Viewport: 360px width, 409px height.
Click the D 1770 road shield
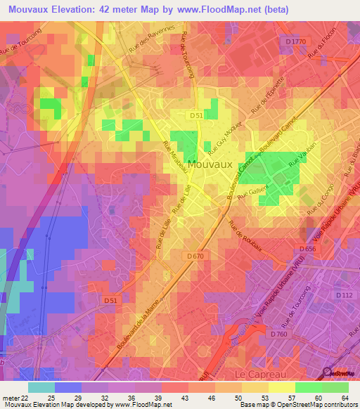[x=297, y=43]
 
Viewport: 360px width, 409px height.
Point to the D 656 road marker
[x=307, y=249]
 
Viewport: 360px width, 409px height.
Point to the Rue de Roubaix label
[x=245, y=235]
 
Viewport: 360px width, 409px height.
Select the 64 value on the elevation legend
[x=344, y=398]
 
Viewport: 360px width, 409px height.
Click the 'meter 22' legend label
[x=15, y=398]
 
